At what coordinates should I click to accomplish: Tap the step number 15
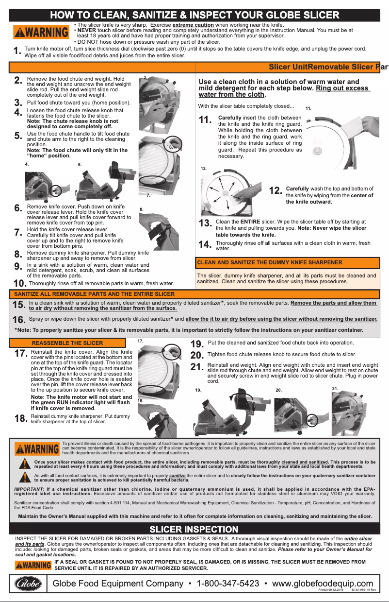pyautogui.click(x=19, y=305)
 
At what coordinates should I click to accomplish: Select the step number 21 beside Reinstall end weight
pyautogui.click(x=197, y=367)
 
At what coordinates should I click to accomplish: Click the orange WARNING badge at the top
pyautogui.click(x=41, y=33)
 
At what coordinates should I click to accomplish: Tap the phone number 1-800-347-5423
pyautogui.click(x=228, y=583)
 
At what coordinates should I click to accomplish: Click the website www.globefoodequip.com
pyautogui.click(x=323, y=583)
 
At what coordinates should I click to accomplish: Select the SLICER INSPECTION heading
pyautogui.click(x=194, y=529)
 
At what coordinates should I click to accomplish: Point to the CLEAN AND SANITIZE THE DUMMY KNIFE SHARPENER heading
pyautogui.click(x=270, y=262)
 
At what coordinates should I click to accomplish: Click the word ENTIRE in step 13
pyautogui.click(x=251, y=222)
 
